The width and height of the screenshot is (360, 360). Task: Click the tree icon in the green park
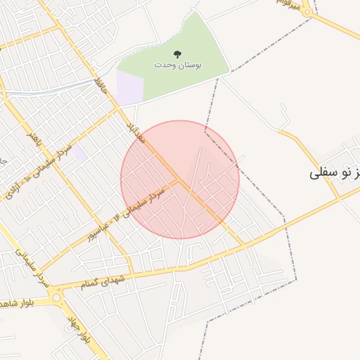(x=176, y=53)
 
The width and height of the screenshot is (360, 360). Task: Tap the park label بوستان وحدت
(x=178, y=65)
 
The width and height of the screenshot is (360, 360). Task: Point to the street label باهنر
(x=33, y=138)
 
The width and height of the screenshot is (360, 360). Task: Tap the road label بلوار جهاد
(x=78, y=330)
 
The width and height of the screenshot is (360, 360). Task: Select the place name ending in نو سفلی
(x=335, y=172)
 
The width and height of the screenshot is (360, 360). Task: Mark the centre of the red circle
(x=180, y=179)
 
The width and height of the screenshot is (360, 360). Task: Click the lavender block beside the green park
(x=129, y=89)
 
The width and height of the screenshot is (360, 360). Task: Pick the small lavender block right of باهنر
(x=80, y=153)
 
